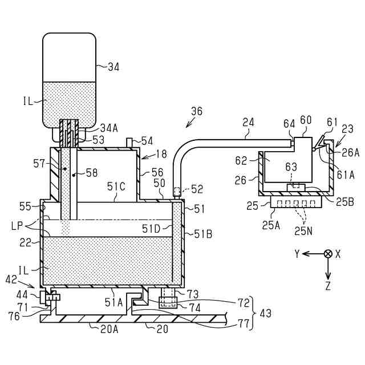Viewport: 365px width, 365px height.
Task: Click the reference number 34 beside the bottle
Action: click(114, 67)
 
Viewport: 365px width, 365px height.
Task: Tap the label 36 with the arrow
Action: click(196, 111)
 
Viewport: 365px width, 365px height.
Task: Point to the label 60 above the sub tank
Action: click(306, 120)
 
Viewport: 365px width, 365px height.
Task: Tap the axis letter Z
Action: click(328, 286)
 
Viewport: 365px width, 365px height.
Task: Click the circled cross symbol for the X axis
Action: click(328, 254)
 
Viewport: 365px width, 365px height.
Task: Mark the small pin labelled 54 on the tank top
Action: click(129, 141)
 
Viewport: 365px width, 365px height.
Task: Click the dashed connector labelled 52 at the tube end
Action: click(177, 190)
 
